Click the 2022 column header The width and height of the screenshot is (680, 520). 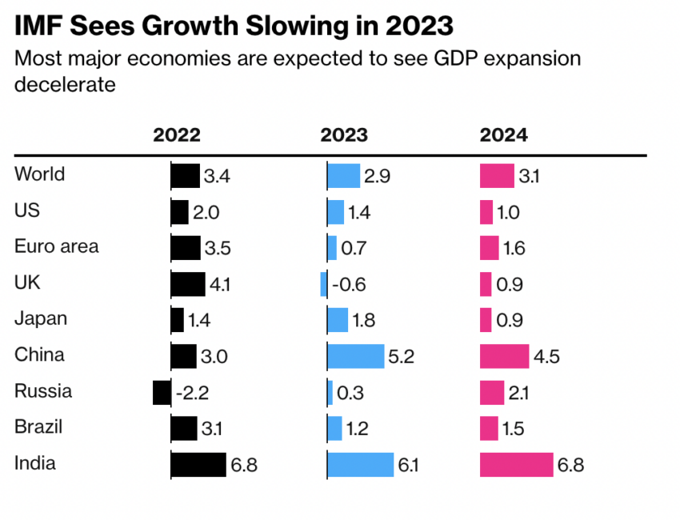[177, 134]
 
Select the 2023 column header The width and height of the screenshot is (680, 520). [344, 134]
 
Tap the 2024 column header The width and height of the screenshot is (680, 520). [503, 134]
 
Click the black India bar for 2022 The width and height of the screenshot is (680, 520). [198, 464]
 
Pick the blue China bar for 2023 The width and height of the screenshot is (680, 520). [356, 356]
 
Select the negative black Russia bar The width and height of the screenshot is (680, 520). [162, 392]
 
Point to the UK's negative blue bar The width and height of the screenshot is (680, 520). [323, 284]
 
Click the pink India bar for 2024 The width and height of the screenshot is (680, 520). [516, 464]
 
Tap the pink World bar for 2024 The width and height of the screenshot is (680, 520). [497, 176]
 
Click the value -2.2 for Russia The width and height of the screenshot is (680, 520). [193, 393]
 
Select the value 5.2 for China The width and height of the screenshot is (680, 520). [401, 357]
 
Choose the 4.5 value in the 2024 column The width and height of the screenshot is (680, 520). [546, 357]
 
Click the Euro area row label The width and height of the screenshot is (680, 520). [56, 246]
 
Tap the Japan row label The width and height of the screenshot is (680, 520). [41, 319]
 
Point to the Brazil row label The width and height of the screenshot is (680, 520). [39, 427]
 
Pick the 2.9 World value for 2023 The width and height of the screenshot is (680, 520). [377, 177]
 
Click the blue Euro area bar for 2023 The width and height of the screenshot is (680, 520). [332, 248]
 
